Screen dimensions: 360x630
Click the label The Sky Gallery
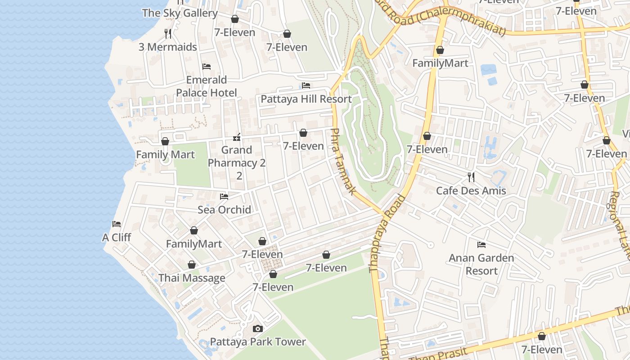pos(180,13)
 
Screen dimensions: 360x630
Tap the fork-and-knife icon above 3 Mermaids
pos(168,33)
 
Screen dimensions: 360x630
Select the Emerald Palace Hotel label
pos(206,86)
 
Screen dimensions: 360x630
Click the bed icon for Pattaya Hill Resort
pos(306,85)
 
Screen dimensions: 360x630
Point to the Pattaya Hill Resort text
pos(306,99)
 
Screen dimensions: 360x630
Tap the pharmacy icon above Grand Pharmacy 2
pos(237,137)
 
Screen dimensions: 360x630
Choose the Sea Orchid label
pos(224,210)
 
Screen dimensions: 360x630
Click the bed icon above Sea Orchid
pos(224,196)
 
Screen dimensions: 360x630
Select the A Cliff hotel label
pos(117,237)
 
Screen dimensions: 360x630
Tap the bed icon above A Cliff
pos(117,224)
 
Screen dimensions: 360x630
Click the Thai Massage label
pos(192,278)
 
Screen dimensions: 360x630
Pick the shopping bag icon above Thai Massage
pos(192,265)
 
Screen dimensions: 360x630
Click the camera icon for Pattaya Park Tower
pos(258,328)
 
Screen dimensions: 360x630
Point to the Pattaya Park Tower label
pos(258,342)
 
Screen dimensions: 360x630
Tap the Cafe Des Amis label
pos(471,191)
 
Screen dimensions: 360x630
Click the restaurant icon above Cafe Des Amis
pos(471,177)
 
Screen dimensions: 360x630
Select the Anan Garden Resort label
pos(481,264)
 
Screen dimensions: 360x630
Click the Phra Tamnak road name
pos(343,162)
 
